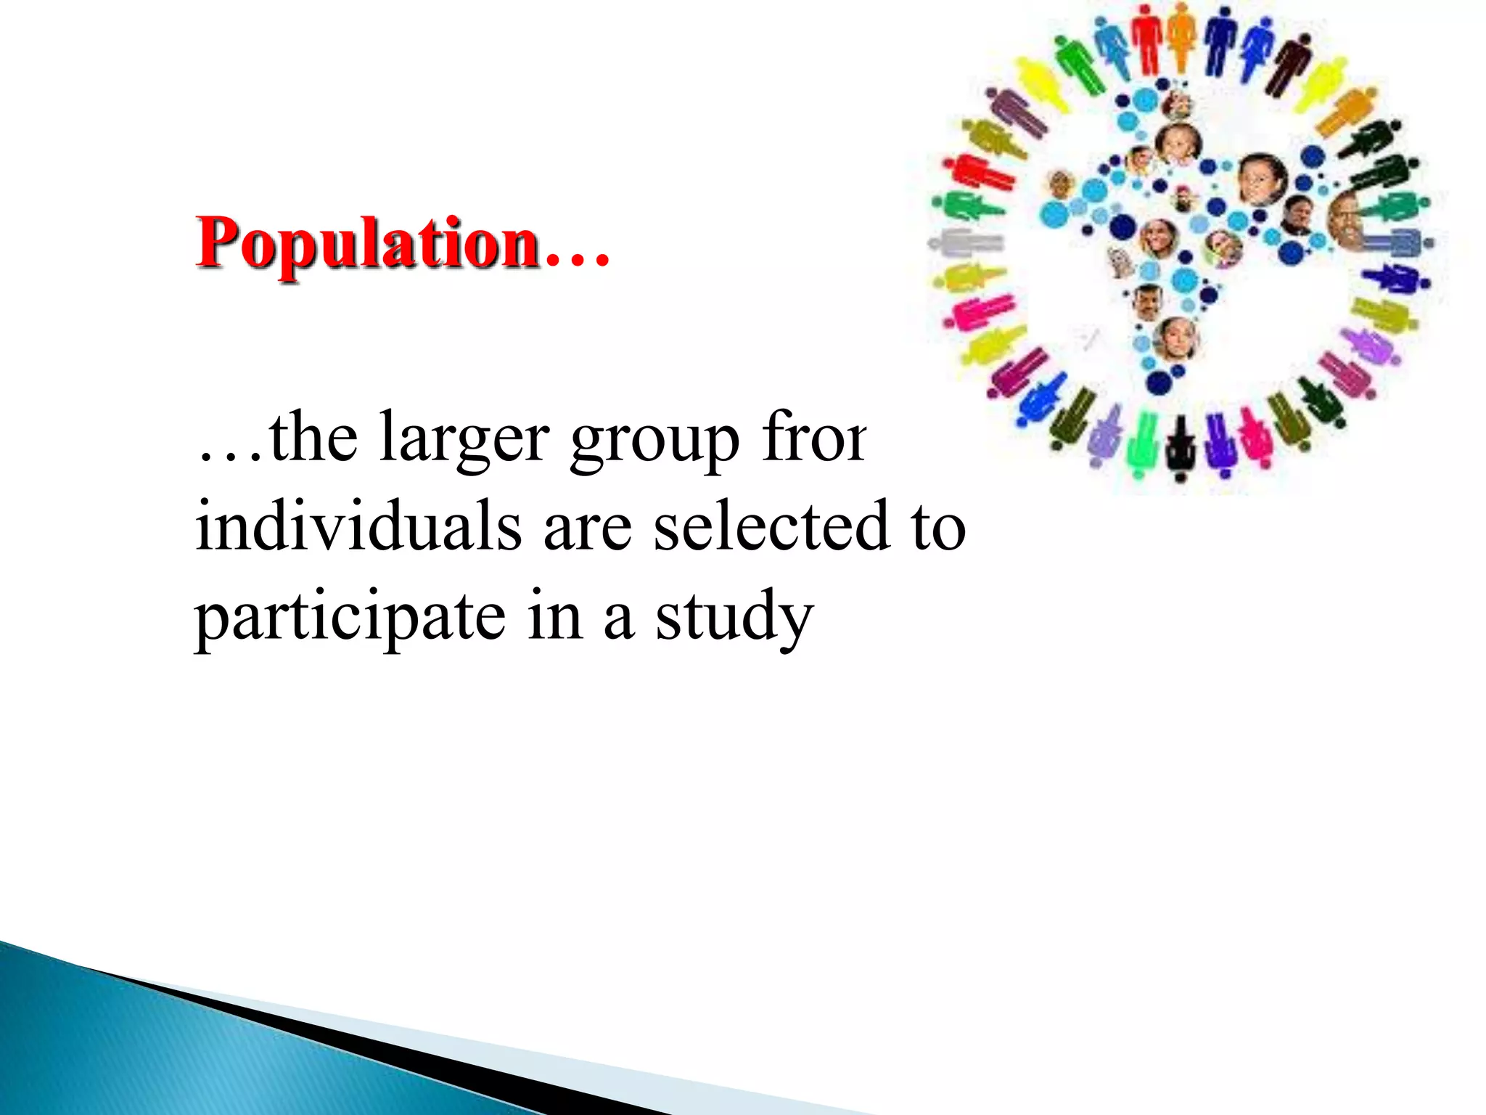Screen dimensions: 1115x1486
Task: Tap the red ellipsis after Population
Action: pyautogui.click(x=577, y=254)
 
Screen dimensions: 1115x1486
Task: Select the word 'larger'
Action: pyautogui.click(x=464, y=439)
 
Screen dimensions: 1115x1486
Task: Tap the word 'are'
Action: pyautogui.click(x=588, y=528)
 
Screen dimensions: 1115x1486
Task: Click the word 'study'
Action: pyautogui.click(x=734, y=617)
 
